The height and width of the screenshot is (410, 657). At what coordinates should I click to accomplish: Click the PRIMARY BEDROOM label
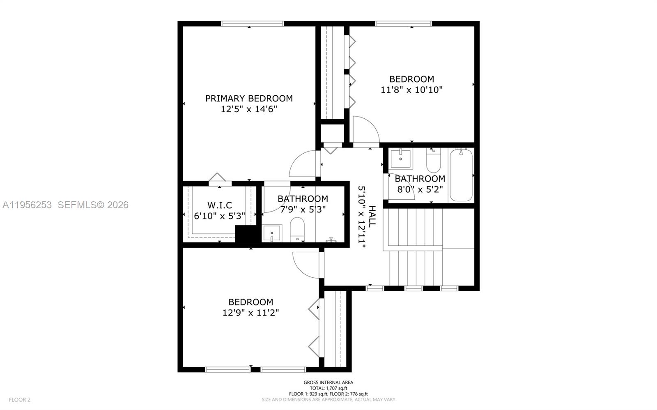249,98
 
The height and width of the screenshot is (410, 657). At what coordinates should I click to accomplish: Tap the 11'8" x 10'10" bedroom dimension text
411,90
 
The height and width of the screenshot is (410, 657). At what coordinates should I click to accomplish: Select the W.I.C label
220,205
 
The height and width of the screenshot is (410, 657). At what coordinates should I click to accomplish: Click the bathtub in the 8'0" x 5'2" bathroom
461,175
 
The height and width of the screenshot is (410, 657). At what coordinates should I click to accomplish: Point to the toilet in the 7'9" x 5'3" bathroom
297,229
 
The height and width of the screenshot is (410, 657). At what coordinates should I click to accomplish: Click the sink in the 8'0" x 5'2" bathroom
401,159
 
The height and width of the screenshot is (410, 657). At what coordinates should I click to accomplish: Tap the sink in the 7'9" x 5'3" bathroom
272,233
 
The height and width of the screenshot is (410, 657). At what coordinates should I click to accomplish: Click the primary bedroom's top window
252,23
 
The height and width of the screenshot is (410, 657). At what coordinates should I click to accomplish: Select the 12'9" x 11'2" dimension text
250,313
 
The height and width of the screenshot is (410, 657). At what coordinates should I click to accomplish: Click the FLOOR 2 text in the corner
20,399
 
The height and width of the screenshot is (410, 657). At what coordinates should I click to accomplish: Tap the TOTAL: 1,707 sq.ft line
328,388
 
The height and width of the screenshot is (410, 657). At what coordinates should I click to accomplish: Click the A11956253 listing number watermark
27,205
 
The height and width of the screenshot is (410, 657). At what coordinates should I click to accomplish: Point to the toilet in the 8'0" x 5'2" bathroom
433,161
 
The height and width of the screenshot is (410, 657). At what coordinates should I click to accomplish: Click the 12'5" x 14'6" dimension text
249,109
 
